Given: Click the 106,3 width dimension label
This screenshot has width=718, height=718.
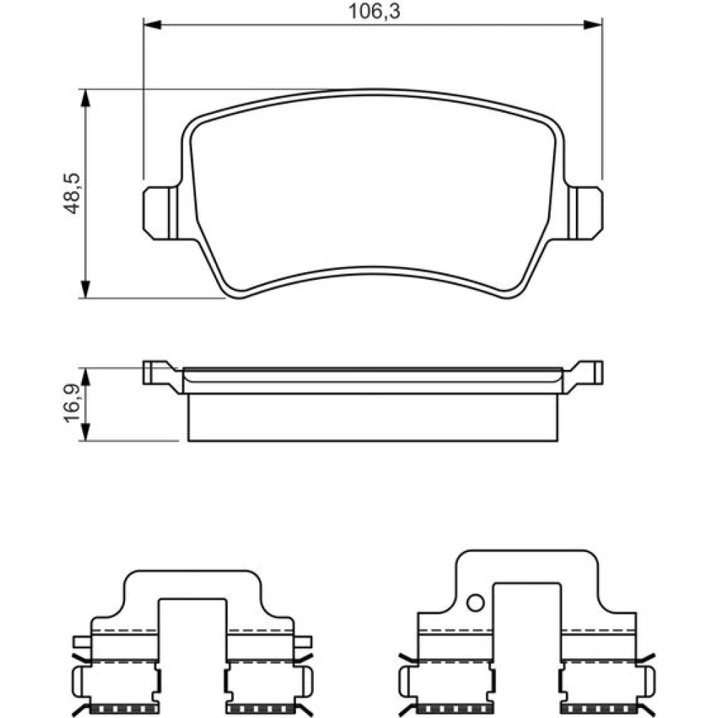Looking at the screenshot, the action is (374, 11).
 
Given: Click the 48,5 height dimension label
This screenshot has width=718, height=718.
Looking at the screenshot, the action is (71, 193).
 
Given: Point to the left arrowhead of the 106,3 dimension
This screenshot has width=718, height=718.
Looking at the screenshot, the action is (152, 24).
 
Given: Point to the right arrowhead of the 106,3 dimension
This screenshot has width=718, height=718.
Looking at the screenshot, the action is (592, 24).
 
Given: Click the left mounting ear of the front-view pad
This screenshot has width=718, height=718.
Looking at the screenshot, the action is (160, 213).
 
